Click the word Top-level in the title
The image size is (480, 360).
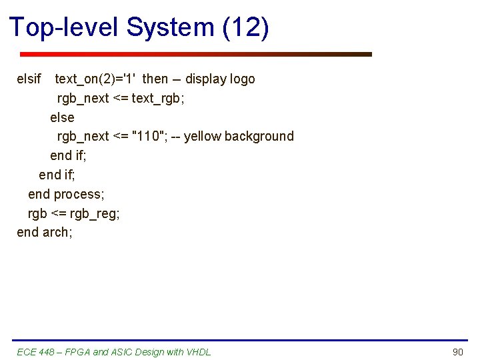64,27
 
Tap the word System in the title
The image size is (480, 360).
169,27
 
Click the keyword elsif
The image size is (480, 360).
29,79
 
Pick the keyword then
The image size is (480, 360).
155,79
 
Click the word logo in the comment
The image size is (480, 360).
242,79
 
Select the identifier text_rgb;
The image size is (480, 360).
157,98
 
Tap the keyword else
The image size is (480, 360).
62,117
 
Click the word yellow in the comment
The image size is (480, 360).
203,136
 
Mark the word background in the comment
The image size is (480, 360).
259,136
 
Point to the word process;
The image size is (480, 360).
79,194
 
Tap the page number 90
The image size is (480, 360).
457,352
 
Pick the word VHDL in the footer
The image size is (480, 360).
199,352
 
